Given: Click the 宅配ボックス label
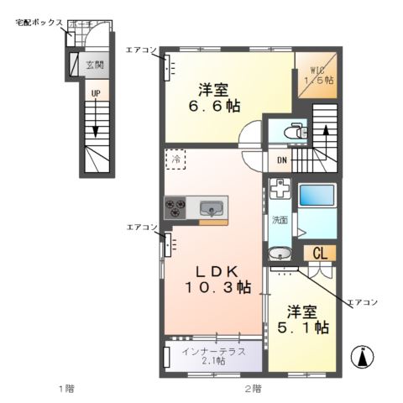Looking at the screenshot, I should click(x=39, y=23).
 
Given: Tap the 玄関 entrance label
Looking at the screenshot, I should click(x=95, y=64).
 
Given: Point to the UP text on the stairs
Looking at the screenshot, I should click(x=96, y=92).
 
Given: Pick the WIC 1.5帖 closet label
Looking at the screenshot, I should click(x=318, y=74).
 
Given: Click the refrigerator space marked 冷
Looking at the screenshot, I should click(x=176, y=158).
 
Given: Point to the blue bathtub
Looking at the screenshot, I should click(x=319, y=196).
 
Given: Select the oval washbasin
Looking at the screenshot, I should click(x=280, y=253).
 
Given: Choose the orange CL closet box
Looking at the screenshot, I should click(x=320, y=253).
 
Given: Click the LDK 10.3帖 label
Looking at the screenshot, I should click(x=217, y=280).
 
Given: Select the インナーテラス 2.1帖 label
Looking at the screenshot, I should click(x=212, y=355).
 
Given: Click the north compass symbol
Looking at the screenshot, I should click(x=364, y=357).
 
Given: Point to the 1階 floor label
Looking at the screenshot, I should click(x=66, y=388).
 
